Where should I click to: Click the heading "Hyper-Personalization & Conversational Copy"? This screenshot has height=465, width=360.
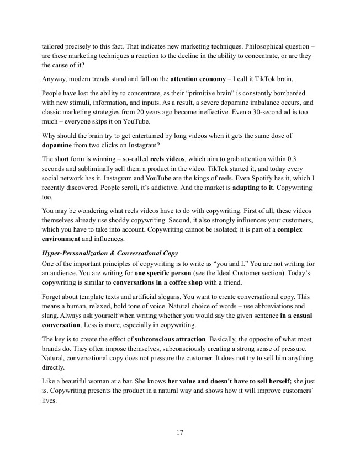pyautogui.click(x=110, y=253)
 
